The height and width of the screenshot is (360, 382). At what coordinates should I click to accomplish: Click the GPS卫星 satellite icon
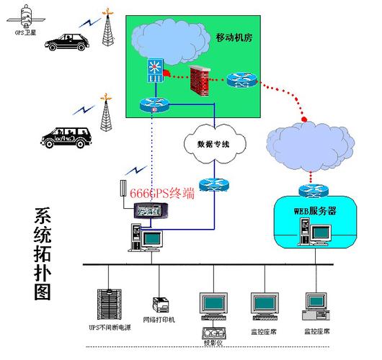coord(25,15)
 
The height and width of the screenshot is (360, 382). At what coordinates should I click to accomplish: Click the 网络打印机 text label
coord(159,319)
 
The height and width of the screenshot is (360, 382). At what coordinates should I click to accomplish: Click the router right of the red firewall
coord(241,81)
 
